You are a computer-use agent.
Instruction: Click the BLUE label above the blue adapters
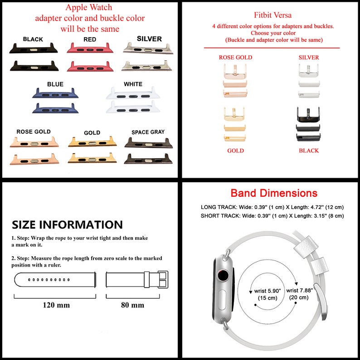tap(55, 84)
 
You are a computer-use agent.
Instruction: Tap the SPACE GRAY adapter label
tap(148, 132)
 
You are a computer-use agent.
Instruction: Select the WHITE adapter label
tap(133, 84)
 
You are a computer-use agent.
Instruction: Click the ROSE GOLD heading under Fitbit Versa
tap(235, 58)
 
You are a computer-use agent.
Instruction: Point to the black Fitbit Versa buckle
tap(308, 114)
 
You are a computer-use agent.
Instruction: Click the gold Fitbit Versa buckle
tap(234, 114)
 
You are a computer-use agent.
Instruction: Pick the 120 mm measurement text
tap(56, 305)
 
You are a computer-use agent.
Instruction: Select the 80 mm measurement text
tap(132, 305)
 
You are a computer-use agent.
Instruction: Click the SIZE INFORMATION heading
tap(67, 224)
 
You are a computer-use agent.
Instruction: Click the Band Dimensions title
tap(274, 193)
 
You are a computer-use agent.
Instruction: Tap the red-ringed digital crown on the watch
tap(223, 276)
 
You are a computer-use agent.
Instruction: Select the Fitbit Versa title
tap(272, 15)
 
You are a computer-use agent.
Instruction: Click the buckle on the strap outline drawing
tap(163, 279)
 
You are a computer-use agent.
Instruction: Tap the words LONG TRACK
tap(219, 207)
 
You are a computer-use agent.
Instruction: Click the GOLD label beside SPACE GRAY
tap(92, 133)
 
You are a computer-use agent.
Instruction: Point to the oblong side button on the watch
tap(223, 300)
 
